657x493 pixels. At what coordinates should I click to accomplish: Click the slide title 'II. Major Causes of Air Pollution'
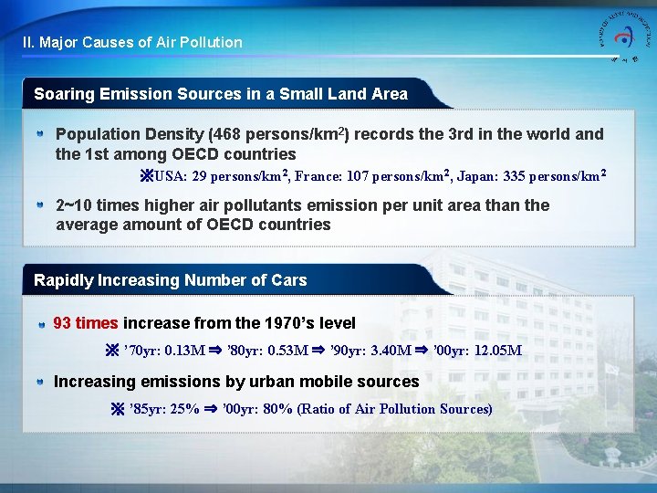(133, 42)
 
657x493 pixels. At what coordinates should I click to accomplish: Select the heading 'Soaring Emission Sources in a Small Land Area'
(221, 93)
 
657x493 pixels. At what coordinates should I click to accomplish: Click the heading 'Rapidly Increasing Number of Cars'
(170, 280)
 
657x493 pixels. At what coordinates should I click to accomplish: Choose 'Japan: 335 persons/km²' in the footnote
(532, 176)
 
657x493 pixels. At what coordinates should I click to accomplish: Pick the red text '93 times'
(86, 323)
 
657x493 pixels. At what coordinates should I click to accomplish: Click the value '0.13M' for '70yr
(183, 351)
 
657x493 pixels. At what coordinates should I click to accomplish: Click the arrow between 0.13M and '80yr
(217, 351)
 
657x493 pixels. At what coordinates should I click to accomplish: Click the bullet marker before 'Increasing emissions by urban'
(41, 383)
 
